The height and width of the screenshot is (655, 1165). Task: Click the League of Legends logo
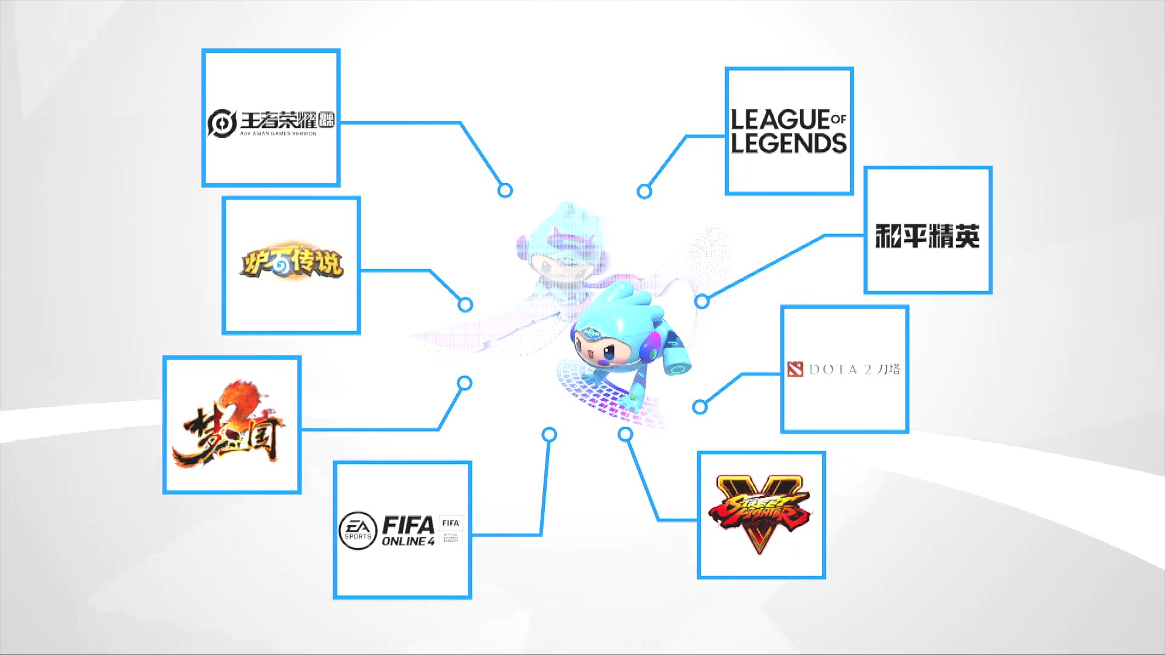coord(788,130)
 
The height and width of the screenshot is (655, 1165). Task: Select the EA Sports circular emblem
coord(357,531)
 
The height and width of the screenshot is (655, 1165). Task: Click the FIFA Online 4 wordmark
coord(408,531)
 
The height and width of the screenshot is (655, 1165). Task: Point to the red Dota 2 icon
coord(795,369)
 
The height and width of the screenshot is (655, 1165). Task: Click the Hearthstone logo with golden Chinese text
coord(292,263)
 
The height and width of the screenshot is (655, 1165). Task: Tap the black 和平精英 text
coord(927,236)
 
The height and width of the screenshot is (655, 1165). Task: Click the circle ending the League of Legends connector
coord(644,192)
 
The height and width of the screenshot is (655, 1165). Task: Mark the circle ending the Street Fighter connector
coord(626,434)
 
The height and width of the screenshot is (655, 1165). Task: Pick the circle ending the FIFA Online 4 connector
coord(549,434)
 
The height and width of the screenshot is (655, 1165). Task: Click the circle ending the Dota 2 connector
coord(700,407)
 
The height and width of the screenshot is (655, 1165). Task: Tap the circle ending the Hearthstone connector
coord(465,304)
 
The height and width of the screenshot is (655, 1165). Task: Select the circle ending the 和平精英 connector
coord(702,301)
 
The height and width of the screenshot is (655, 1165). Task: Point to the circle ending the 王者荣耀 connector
coord(505,190)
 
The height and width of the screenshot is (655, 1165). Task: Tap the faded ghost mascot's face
coord(561,267)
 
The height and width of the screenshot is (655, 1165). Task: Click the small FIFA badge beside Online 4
coord(451,530)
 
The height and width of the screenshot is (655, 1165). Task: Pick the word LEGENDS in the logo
coord(788,144)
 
